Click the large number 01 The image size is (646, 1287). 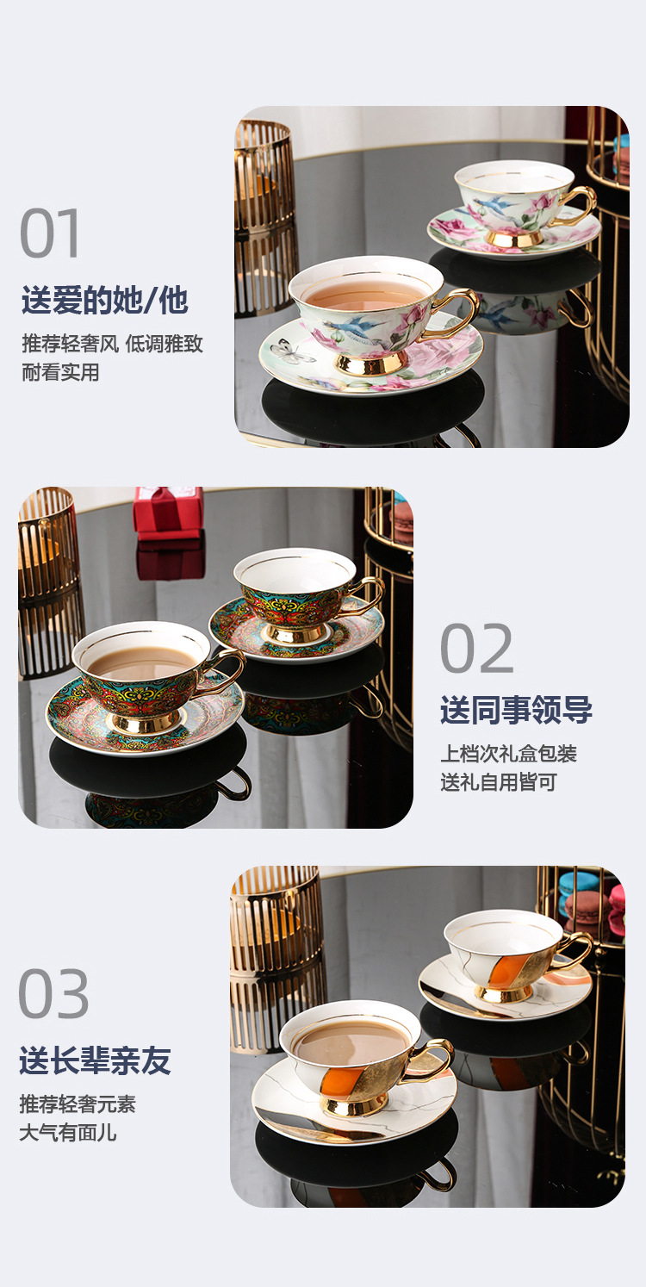(x=51, y=233)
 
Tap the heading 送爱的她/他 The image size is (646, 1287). (x=105, y=301)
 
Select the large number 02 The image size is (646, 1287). (x=476, y=649)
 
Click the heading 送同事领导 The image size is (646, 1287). (x=516, y=711)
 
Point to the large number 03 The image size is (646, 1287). (x=53, y=995)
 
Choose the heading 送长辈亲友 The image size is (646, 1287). (x=95, y=1060)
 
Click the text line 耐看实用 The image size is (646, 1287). (x=60, y=372)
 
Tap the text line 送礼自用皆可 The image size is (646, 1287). (x=499, y=782)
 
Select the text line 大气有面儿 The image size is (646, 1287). (x=68, y=1133)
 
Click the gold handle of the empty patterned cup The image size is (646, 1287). (x=370, y=595)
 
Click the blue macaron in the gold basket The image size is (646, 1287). (x=578, y=882)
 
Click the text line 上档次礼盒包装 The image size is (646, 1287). (x=508, y=754)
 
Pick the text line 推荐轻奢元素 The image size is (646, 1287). (x=78, y=1104)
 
